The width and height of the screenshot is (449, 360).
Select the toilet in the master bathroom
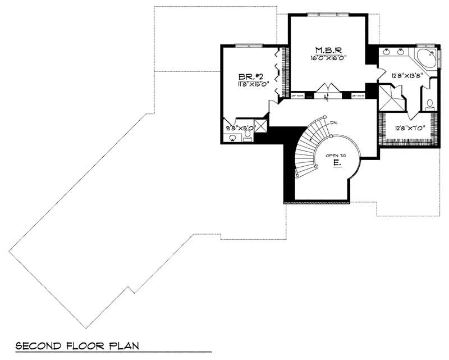coord(430,104)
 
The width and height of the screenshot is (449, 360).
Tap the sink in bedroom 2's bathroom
coord(232,138)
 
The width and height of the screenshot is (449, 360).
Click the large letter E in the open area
coord(336,163)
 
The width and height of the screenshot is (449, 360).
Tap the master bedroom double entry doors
coord(327,89)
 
